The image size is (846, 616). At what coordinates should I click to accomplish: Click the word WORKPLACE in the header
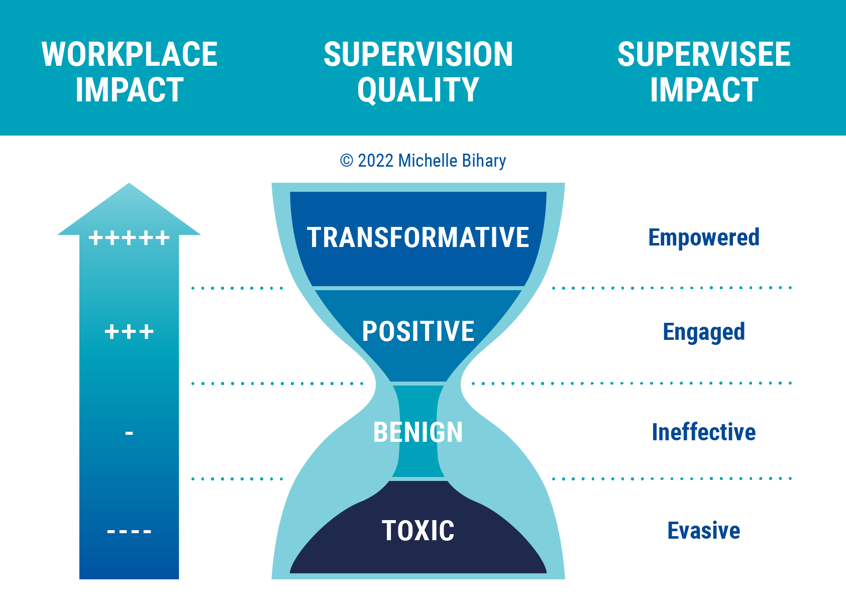coord(130,54)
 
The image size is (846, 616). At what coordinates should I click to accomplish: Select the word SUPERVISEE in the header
coord(704,54)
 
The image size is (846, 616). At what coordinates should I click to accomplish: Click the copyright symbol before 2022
coord(347,161)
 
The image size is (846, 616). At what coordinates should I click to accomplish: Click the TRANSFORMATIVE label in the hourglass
coord(418,237)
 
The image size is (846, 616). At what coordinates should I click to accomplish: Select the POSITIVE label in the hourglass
coord(418,331)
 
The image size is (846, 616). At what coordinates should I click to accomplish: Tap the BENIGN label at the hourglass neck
coord(418,432)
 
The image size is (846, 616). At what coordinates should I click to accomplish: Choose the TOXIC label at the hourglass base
coord(418,531)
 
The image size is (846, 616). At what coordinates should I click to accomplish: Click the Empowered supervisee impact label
coord(703,237)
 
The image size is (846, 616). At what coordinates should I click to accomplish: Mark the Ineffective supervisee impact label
coord(703,432)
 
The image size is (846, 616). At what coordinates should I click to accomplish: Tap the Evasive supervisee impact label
coord(703,531)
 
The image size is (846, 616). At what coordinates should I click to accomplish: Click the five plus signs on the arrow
coord(129,238)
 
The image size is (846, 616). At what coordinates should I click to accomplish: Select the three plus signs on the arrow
coord(129,332)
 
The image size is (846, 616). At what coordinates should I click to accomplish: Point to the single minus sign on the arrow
coord(129,432)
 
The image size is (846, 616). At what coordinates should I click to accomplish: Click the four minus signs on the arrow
coord(129,531)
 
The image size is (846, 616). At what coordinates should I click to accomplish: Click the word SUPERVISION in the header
coord(418,54)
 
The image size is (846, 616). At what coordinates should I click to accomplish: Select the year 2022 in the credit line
coord(375,161)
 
